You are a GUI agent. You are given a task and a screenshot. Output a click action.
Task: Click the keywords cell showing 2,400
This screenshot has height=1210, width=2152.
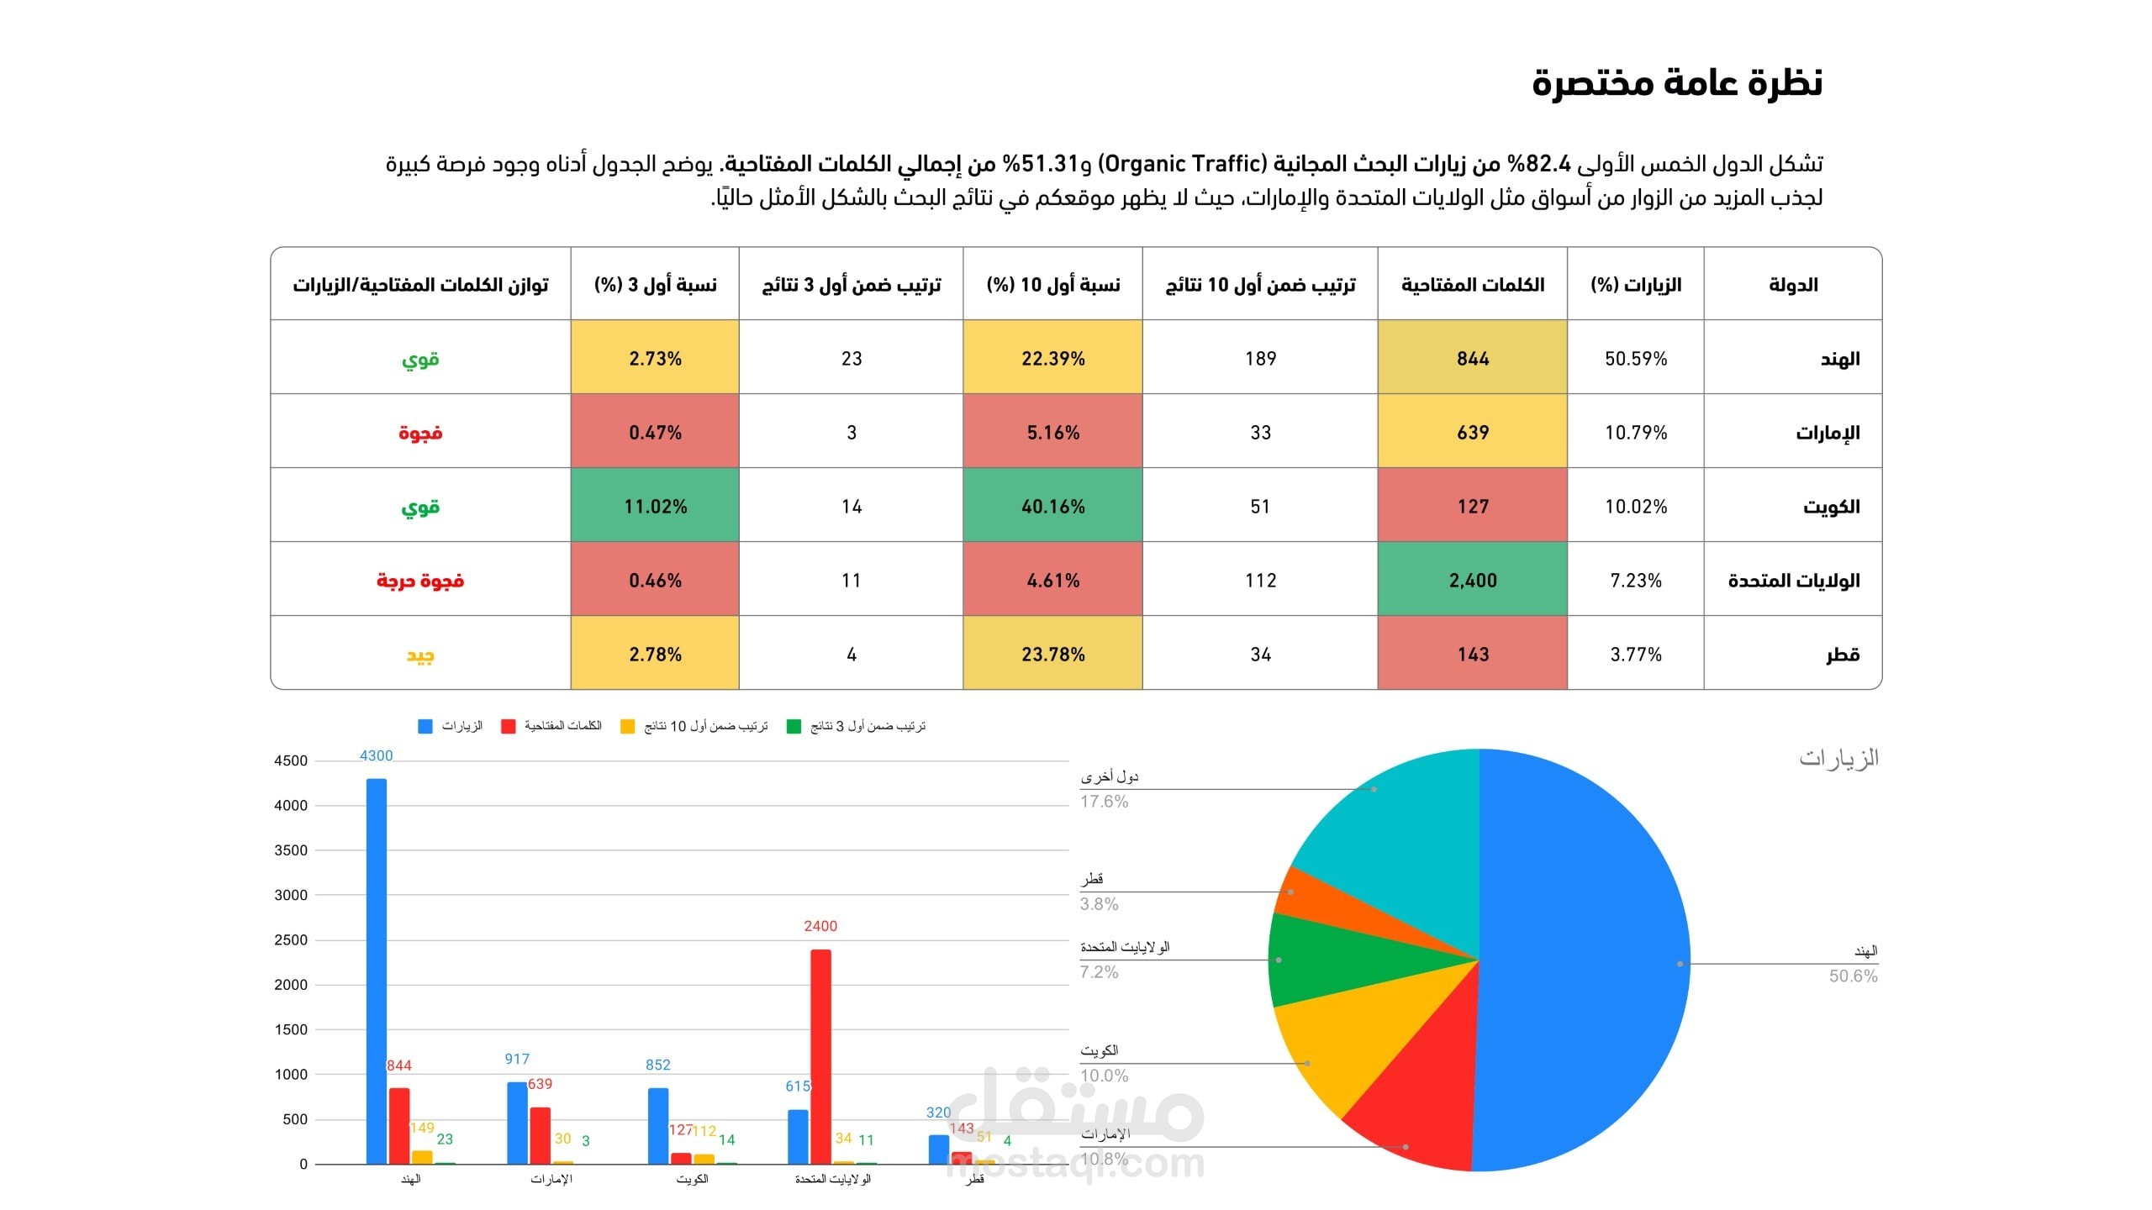click(x=1472, y=580)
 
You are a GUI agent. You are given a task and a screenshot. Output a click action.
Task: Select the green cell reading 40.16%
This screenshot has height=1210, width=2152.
click(x=1052, y=506)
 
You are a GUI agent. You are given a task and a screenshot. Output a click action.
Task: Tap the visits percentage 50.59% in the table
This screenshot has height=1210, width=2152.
click(x=1635, y=359)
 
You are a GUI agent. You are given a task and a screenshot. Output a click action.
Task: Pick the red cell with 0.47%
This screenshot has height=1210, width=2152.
click(x=655, y=433)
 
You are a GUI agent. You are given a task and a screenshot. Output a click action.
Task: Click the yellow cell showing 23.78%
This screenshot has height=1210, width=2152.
click(x=1052, y=654)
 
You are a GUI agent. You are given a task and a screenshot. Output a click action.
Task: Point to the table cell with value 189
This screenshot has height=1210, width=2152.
click(x=1260, y=359)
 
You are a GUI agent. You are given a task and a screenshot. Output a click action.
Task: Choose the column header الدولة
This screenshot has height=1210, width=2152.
click(x=1792, y=285)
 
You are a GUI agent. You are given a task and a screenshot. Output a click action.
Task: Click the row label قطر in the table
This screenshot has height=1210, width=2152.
click(x=1842, y=655)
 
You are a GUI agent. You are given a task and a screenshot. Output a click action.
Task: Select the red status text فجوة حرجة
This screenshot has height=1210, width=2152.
click(x=420, y=581)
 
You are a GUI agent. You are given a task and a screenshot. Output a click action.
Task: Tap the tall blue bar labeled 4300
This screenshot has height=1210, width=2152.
click(x=377, y=966)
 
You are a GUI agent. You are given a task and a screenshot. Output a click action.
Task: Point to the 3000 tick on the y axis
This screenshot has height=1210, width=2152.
click(x=291, y=895)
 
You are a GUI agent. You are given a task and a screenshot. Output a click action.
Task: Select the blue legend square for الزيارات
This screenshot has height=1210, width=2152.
click(x=425, y=726)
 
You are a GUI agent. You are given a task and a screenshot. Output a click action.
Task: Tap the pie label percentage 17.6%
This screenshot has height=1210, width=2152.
click(x=1104, y=802)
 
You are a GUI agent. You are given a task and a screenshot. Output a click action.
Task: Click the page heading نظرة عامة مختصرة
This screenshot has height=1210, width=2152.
click(x=1676, y=82)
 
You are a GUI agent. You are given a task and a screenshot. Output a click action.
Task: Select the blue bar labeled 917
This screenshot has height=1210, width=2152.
click(x=517, y=1122)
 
